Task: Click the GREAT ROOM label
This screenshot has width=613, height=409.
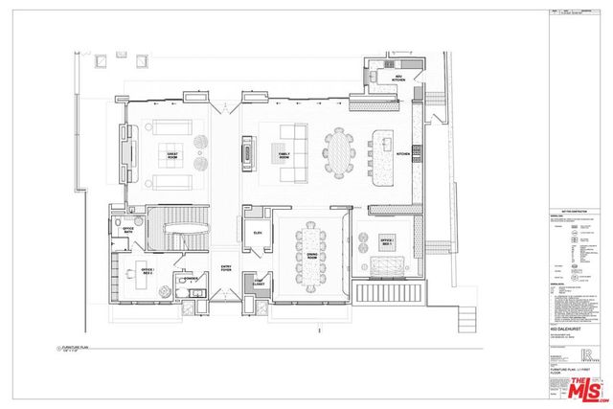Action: [174, 153]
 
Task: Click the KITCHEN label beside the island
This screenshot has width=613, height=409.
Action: [403, 153]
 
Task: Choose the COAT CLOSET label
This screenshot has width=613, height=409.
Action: [259, 284]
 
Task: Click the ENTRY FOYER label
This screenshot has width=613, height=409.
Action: [227, 269]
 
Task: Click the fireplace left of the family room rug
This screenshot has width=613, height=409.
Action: [249, 151]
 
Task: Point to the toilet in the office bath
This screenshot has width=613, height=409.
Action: [117, 226]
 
